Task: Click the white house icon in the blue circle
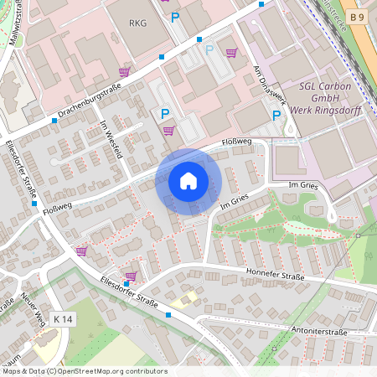(188, 181)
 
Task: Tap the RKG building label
(137, 23)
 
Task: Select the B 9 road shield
(358, 17)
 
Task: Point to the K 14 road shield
(63, 319)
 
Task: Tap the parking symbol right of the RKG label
(175, 17)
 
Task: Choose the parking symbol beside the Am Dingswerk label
(276, 115)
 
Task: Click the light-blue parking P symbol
(209, 49)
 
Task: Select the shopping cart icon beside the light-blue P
(230, 53)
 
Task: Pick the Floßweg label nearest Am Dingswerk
(237, 144)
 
